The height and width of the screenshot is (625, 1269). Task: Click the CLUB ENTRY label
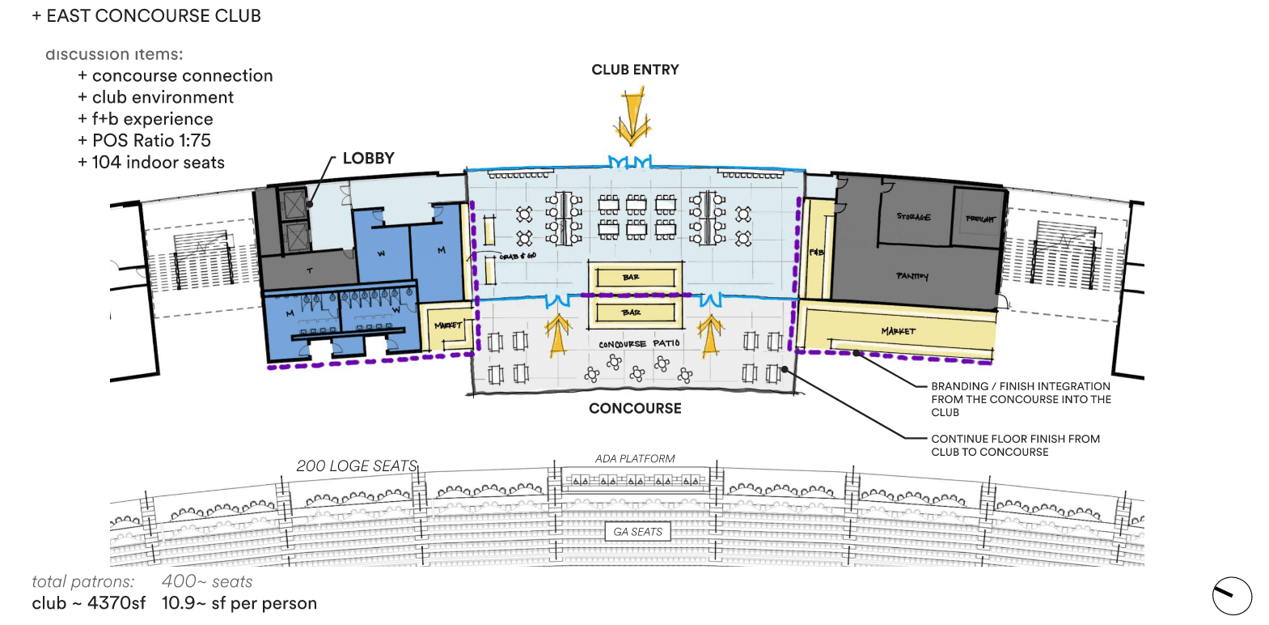pos(635,70)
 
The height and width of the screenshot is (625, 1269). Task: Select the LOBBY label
pos(368,159)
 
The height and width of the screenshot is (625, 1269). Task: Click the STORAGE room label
pos(913,217)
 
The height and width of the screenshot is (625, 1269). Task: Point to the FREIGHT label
pos(980,219)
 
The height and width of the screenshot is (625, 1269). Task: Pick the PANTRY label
pos(912,276)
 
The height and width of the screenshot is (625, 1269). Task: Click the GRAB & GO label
pos(518,256)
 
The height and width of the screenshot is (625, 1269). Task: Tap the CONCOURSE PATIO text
pos(639,344)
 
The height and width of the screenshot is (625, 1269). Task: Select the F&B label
pos(816,253)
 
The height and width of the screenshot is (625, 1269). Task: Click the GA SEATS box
pos(637,532)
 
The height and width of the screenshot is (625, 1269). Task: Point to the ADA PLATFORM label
pos(635,459)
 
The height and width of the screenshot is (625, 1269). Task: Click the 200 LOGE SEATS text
pos(357,466)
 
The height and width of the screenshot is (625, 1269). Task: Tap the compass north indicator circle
pos(1232,597)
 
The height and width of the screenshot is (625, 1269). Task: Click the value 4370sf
pos(116,603)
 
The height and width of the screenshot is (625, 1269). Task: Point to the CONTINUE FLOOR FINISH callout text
pos(1015,445)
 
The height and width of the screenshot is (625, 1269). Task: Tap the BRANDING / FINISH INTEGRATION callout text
pos(1021,399)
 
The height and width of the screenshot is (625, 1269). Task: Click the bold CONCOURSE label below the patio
pos(635,409)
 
